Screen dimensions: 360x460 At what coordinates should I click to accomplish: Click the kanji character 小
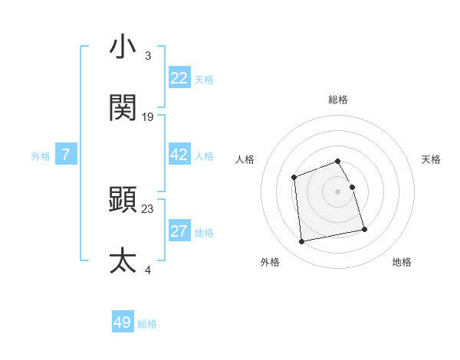point(123,47)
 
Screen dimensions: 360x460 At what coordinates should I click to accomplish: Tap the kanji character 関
point(123,108)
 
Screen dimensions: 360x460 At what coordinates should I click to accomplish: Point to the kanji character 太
point(123,260)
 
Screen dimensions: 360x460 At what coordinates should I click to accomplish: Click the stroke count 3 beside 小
point(147,56)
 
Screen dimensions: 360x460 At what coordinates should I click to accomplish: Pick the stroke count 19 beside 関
point(148,117)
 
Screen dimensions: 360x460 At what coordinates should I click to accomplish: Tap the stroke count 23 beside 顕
point(148,208)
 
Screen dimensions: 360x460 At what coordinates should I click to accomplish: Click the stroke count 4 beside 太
point(147,270)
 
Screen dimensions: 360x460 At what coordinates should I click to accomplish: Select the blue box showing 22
point(179,78)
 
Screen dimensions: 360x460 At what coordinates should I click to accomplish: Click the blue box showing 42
point(179,155)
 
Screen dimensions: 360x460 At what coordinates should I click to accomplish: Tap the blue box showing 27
point(179,231)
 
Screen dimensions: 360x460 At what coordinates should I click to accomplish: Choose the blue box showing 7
point(66,155)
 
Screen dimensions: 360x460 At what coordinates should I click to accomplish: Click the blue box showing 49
point(123,322)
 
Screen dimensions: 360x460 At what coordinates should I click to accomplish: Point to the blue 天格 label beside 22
point(204,79)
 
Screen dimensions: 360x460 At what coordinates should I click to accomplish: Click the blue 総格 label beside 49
point(147,323)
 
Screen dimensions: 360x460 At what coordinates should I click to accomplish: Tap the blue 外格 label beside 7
point(41,155)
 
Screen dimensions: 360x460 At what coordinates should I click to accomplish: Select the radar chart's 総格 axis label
point(338,100)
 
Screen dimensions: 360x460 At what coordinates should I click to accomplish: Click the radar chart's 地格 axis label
point(402,262)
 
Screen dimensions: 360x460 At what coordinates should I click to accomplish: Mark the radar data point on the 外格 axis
point(302,241)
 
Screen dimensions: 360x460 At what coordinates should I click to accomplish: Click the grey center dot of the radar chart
point(338,191)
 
